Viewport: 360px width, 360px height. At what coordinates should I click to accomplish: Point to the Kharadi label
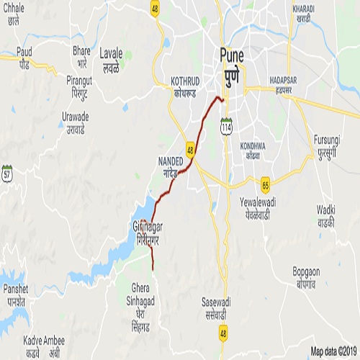tap(303, 12)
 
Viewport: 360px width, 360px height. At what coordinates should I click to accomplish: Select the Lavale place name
tap(111, 58)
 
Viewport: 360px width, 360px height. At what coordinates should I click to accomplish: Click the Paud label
tap(24, 58)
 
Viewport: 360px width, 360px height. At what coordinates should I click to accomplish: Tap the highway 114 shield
tap(226, 127)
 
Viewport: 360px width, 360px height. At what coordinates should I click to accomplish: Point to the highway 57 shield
tap(7, 173)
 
